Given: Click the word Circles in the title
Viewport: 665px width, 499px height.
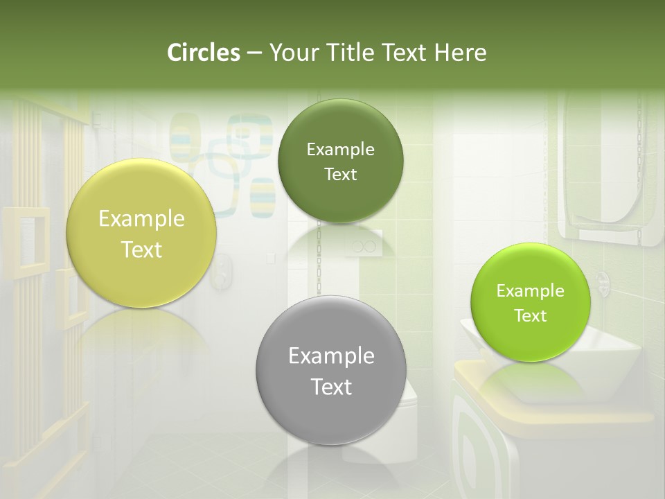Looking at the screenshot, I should [x=203, y=53].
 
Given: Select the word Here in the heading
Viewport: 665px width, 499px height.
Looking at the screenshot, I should [x=460, y=53].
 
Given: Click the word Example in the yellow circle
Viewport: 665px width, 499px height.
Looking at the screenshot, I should [x=141, y=219].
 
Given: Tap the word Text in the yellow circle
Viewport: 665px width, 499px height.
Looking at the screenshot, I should [x=141, y=249].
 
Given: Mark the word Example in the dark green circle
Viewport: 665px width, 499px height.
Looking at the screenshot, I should [x=340, y=150].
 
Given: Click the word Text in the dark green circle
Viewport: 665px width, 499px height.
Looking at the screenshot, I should [x=340, y=175].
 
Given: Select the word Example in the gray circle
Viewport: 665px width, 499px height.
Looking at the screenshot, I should [x=331, y=356].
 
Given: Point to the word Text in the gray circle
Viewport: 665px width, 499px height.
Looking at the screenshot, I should [x=331, y=387].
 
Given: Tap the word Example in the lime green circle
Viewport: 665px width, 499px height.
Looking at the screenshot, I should [x=531, y=291].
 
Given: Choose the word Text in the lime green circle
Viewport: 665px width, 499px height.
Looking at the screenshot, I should [x=531, y=316].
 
